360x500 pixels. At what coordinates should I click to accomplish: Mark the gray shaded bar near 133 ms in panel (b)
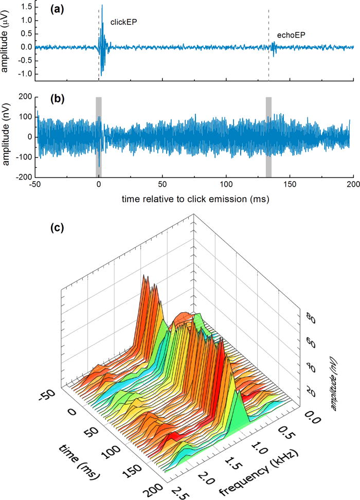pos(268,137)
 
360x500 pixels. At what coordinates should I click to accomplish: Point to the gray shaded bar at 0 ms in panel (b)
pos(99,137)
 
